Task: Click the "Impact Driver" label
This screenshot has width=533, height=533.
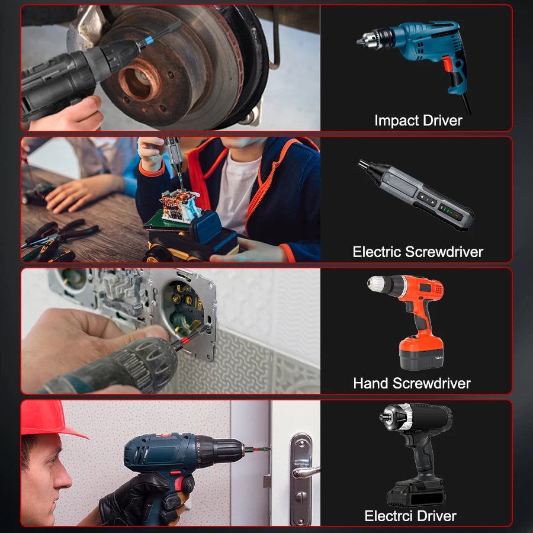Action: pos(418,120)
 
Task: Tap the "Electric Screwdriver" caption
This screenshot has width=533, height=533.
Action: pos(418,252)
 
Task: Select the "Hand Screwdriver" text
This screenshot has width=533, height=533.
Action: pos(412,383)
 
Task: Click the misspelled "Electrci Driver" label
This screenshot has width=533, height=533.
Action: pos(410,515)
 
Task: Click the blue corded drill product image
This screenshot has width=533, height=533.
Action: pos(418,56)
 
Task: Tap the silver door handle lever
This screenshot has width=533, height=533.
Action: pos(304,471)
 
